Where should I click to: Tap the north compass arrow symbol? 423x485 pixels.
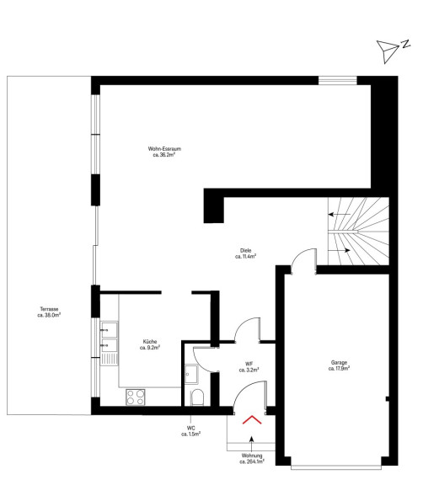tap(387, 51)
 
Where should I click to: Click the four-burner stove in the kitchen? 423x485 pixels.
tap(135, 397)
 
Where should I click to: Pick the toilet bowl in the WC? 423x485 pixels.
tap(197, 397)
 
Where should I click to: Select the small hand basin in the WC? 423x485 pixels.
tap(191, 374)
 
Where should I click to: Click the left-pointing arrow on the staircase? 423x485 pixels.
tap(340, 214)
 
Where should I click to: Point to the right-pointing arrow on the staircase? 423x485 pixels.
tap(340, 250)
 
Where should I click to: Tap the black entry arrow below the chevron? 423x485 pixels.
tap(251, 444)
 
